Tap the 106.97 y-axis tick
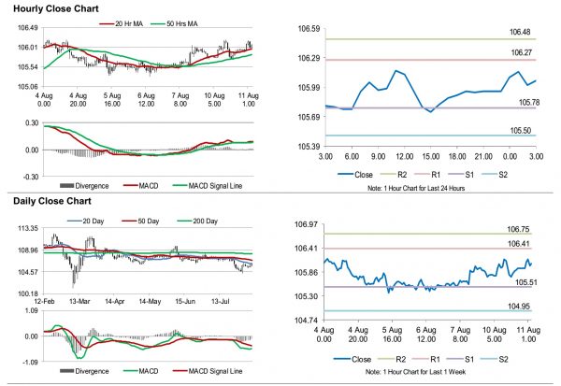(309, 225)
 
